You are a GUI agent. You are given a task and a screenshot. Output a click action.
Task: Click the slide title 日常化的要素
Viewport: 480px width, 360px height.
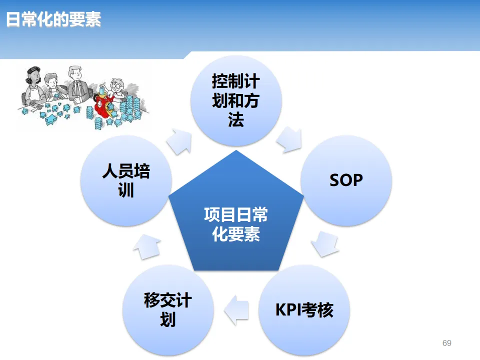(x=53, y=19)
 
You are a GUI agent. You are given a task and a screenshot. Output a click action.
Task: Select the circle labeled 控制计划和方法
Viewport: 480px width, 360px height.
(x=236, y=100)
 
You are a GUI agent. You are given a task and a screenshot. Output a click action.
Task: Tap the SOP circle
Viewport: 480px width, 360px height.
(x=346, y=180)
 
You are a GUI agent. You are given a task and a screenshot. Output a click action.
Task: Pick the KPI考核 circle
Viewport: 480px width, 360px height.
(x=304, y=310)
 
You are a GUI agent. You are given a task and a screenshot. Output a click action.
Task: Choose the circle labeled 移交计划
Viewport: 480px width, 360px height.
(x=168, y=310)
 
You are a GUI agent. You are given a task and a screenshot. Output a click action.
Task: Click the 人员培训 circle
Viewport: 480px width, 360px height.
(x=126, y=180)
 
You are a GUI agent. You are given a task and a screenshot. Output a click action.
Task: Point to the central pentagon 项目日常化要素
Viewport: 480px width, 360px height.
(x=236, y=220)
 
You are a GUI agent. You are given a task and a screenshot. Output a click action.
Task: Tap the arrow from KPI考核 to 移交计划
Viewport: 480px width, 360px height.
(x=236, y=310)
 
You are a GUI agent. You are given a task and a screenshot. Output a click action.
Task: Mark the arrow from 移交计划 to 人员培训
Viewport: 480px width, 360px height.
(x=148, y=245)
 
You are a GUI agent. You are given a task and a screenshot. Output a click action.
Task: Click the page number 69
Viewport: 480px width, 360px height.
(x=447, y=343)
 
